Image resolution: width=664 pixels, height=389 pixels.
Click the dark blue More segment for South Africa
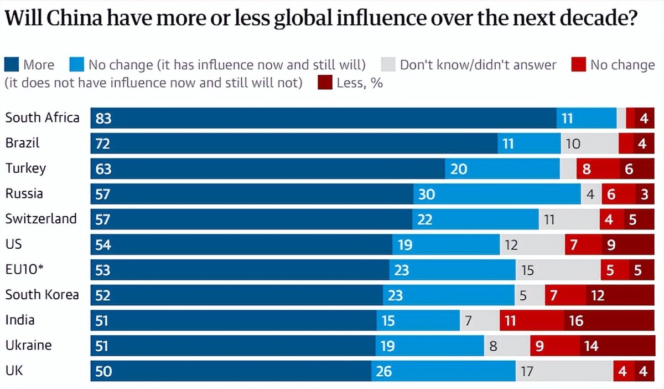click(324, 118)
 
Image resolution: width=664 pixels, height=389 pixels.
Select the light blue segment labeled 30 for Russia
click(497, 194)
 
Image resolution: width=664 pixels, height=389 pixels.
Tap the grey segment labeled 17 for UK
click(564, 371)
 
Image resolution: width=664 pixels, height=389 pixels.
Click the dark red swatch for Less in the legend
click(325, 84)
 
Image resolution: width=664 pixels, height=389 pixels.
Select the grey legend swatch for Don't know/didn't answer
click(388, 65)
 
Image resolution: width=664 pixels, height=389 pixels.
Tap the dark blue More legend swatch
click(12, 65)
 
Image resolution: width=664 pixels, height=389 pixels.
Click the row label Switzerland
click(41, 219)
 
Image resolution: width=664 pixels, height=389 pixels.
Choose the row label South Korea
click(42, 295)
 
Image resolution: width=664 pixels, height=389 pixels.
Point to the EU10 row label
click(24, 270)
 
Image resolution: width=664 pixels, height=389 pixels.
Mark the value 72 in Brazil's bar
click(103, 144)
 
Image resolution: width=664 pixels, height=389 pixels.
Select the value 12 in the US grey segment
click(511, 244)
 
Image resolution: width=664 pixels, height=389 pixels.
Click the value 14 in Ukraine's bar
click(591, 346)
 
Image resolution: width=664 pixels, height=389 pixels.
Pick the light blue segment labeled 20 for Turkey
click(502, 168)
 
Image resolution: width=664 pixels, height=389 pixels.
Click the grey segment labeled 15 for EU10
click(558, 270)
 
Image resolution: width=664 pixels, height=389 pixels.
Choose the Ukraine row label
click(28, 345)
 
